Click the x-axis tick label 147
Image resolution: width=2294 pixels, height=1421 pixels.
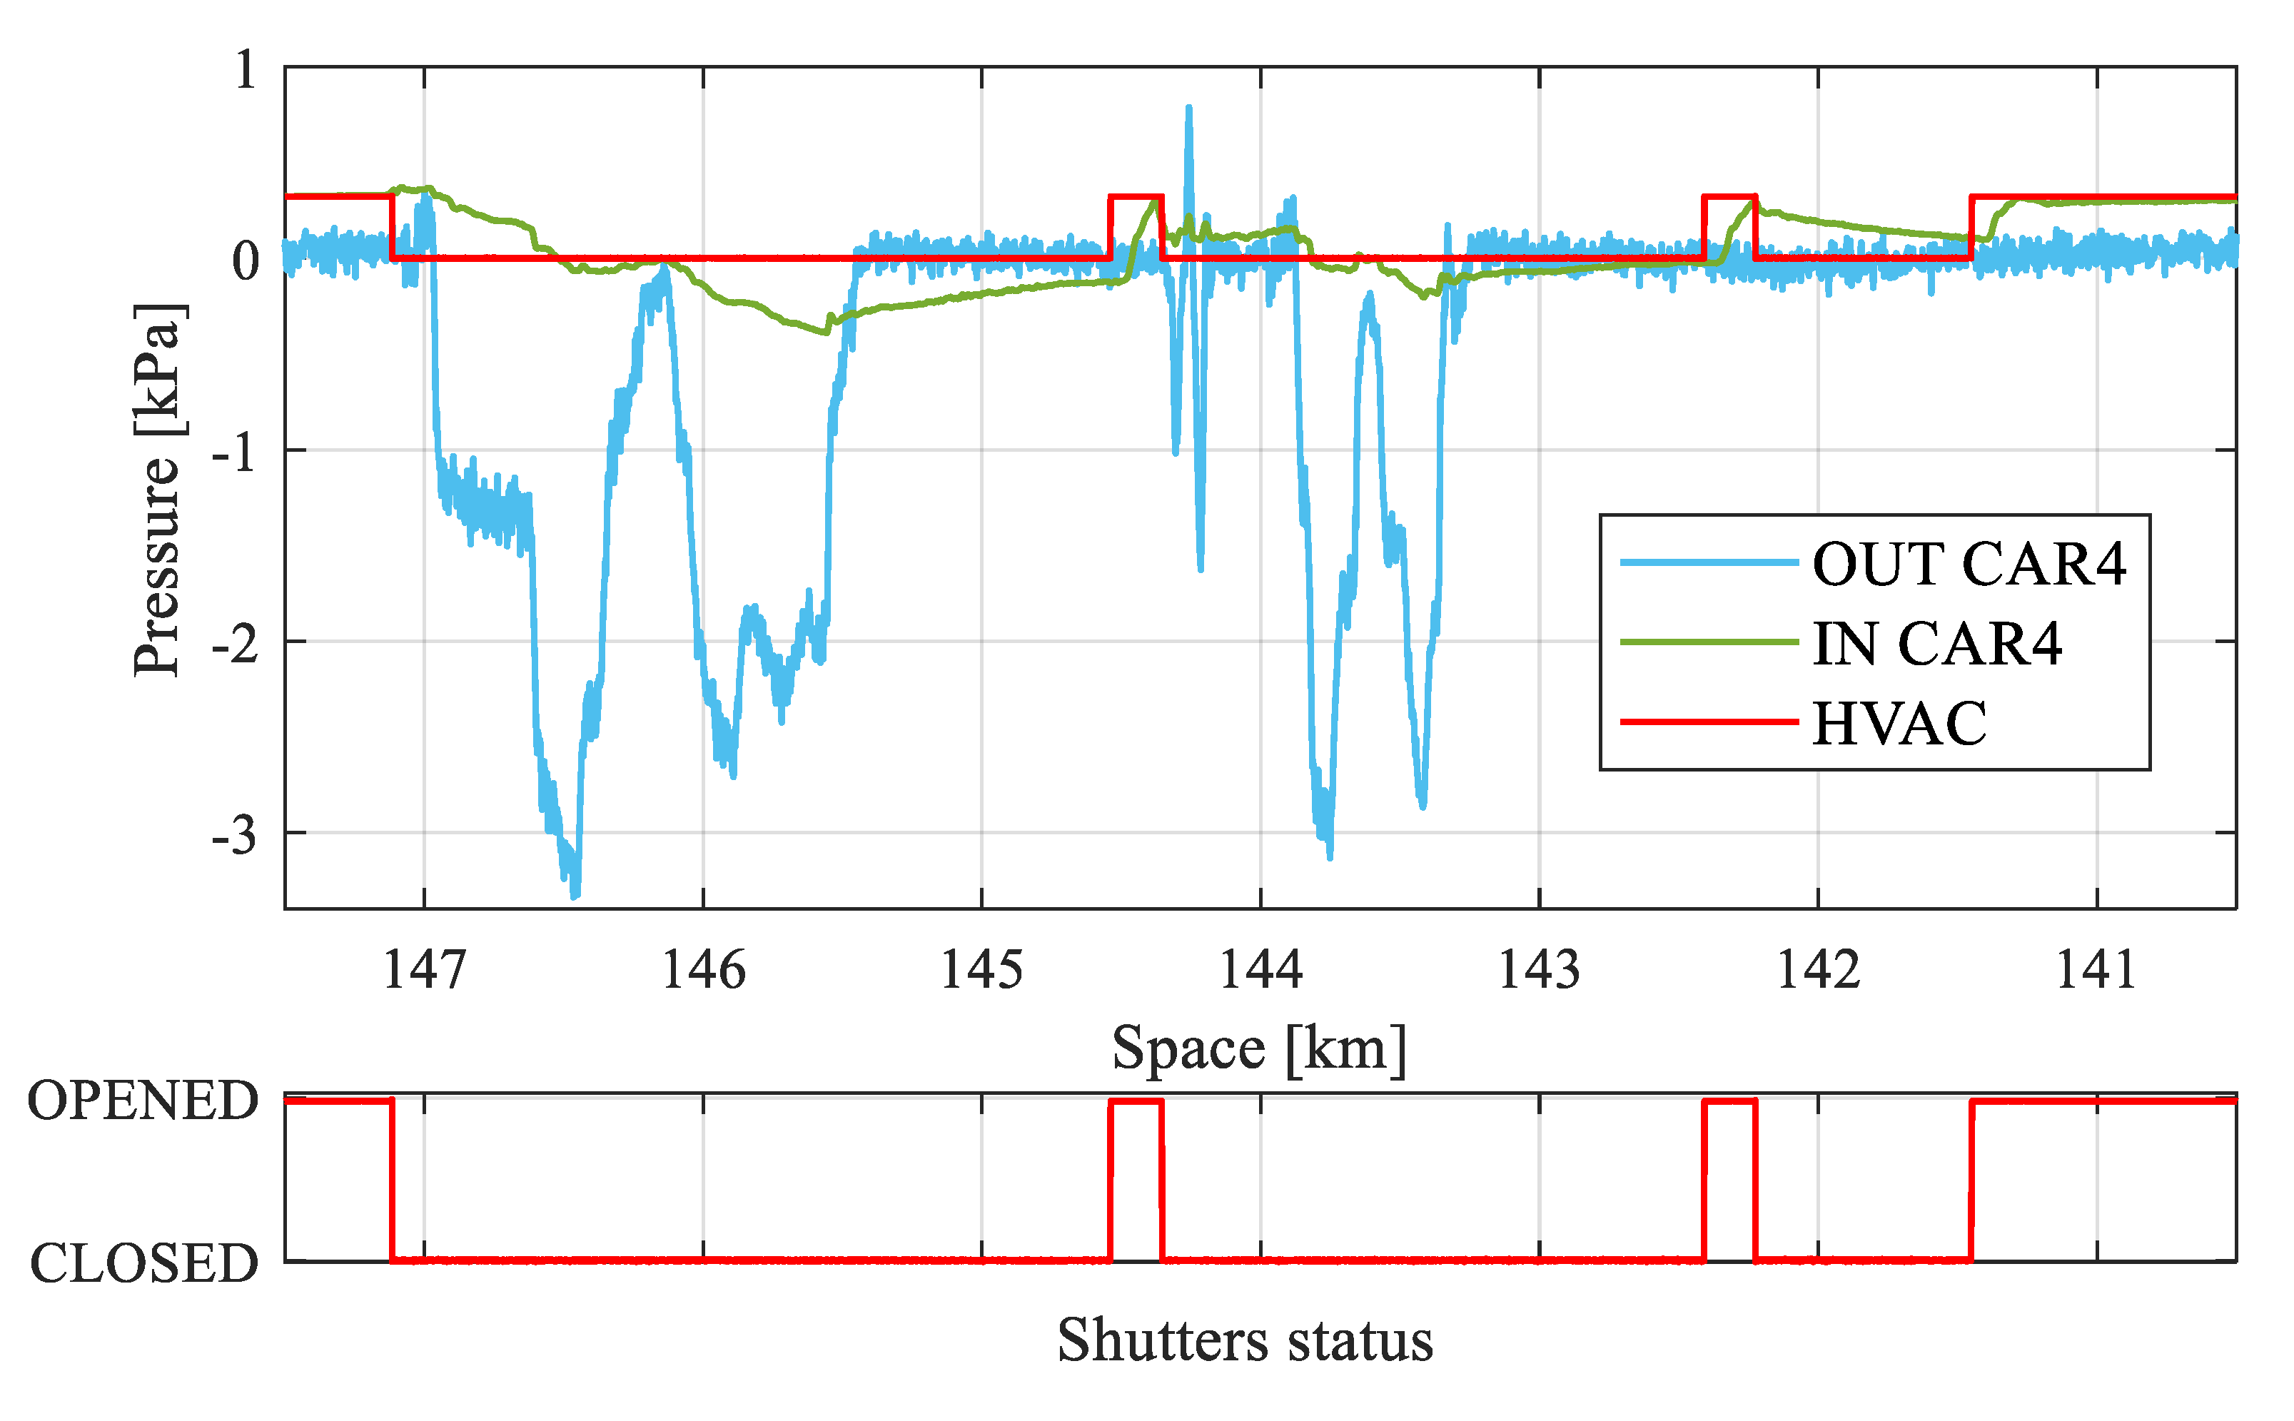coord(424,969)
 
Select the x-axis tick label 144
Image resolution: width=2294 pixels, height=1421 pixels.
coord(1260,969)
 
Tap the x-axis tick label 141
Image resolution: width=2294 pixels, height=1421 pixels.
coord(2096,969)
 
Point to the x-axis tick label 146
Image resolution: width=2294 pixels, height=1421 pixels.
coord(703,969)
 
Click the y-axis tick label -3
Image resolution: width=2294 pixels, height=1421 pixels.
coord(234,834)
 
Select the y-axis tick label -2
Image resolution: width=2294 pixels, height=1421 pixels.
coord(234,644)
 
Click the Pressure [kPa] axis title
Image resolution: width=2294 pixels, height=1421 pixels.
coord(157,489)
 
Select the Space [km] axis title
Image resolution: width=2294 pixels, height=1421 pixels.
coord(1259,1048)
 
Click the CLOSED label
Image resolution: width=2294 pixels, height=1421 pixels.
coord(143,1262)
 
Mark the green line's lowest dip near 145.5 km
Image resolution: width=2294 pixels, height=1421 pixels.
coord(825,331)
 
